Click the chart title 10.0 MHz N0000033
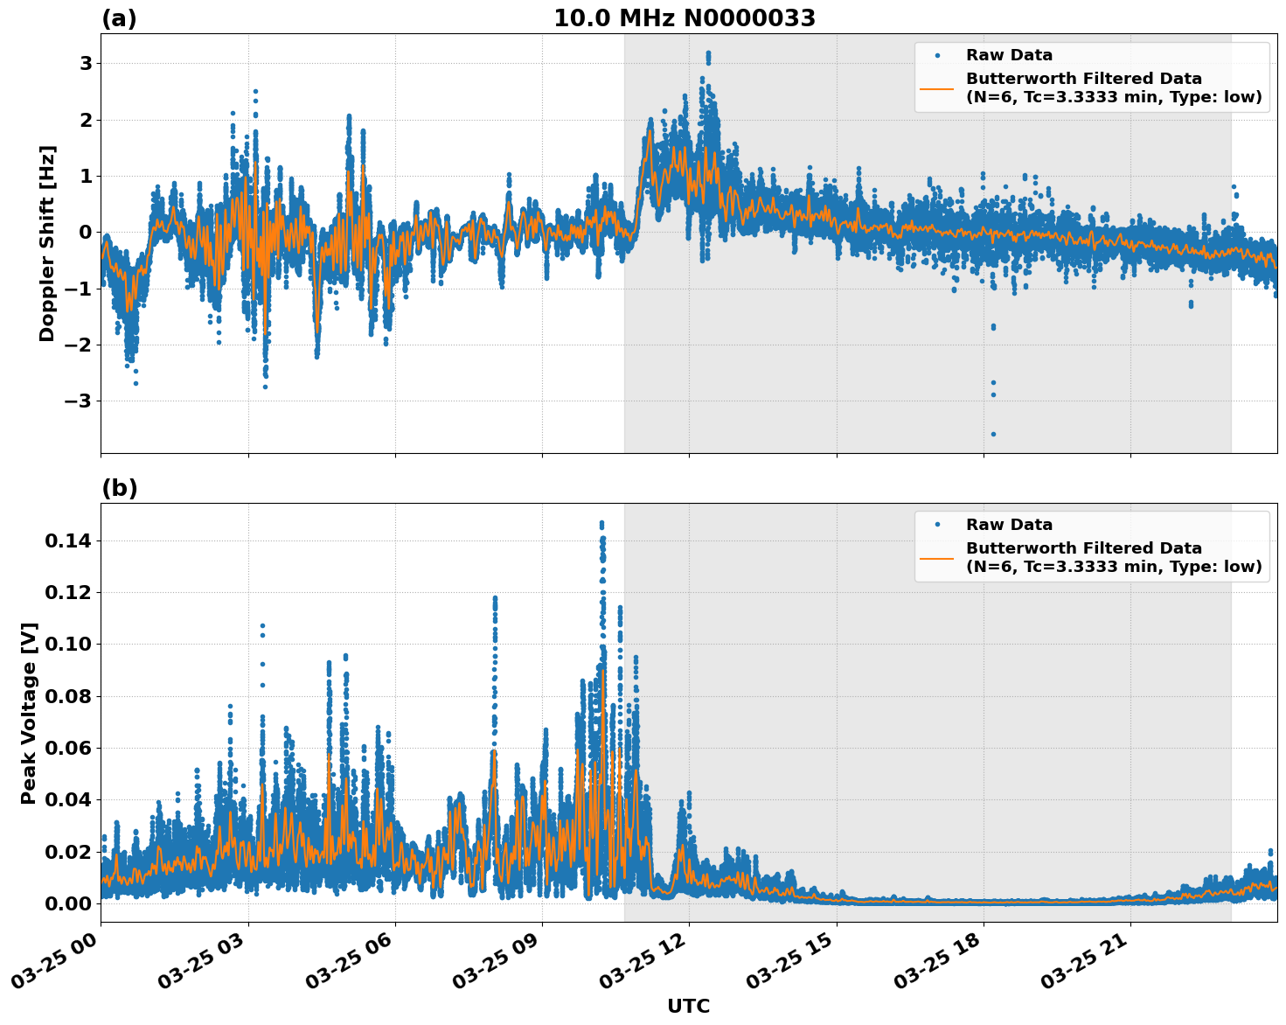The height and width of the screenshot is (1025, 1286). point(684,18)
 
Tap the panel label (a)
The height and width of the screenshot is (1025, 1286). point(119,18)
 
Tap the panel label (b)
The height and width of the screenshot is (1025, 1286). point(119,488)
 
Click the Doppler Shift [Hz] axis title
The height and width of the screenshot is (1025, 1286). point(47,243)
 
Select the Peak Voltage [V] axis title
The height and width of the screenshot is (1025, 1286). point(29,713)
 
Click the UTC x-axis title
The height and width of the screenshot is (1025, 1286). point(688,1006)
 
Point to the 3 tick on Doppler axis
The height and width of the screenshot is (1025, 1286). point(86,64)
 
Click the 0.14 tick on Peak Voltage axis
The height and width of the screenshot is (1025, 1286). point(68,541)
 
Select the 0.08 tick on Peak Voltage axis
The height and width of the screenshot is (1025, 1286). point(68,697)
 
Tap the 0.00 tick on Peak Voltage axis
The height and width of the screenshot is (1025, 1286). point(68,903)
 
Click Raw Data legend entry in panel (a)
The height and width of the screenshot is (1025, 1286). point(1008,55)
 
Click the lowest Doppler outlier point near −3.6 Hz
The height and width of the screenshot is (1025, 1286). point(993,434)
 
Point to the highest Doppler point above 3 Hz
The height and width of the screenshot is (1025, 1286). point(708,53)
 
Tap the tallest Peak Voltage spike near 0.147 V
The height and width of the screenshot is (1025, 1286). point(601,523)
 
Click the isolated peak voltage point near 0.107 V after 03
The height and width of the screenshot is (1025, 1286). point(262,626)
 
